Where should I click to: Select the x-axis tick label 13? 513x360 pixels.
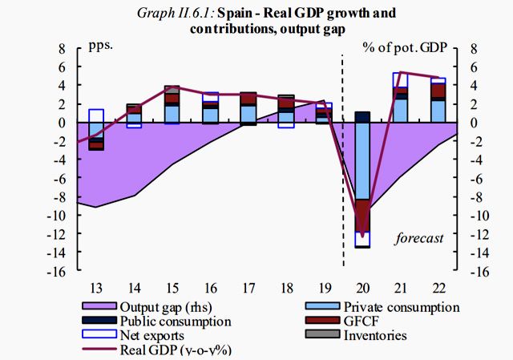[95, 287]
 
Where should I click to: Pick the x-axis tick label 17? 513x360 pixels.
[248, 287]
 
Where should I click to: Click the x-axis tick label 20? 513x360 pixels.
[363, 287]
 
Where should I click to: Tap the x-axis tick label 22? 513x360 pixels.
[439, 287]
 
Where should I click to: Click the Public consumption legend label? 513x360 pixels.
[176, 322]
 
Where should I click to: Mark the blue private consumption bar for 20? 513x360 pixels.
[362, 160]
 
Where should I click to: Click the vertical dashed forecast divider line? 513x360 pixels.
[343, 160]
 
